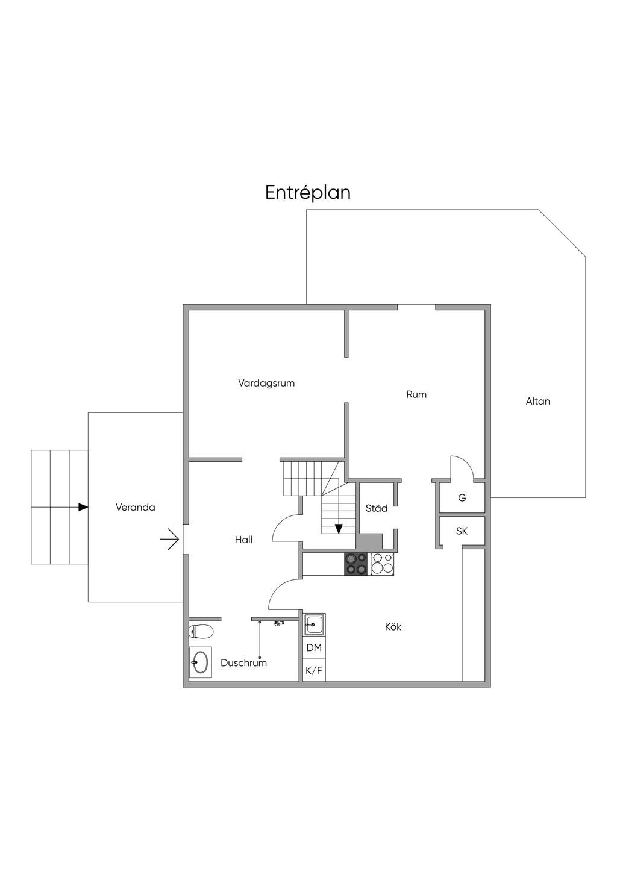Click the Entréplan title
[x=308, y=193]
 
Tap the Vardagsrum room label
[x=266, y=383]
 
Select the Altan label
[x=538, y=401]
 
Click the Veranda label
[x=135, y=507]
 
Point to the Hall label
[x=243, y=540]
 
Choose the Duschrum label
[x=244, y=663]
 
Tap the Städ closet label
[x=376, y=508]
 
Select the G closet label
[x=462, y=497]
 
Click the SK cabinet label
[x=462, y=531]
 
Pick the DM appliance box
[x=314, y=648]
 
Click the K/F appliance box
[x=314, y=670]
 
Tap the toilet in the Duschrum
[x=201, y=632]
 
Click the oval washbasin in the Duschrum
[x=200, y=662]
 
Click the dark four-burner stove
[x=356, y=564]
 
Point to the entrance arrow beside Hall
[x=169, y=540]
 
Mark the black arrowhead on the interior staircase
[x=339, y=529]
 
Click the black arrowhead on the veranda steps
[x=83, y=507]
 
